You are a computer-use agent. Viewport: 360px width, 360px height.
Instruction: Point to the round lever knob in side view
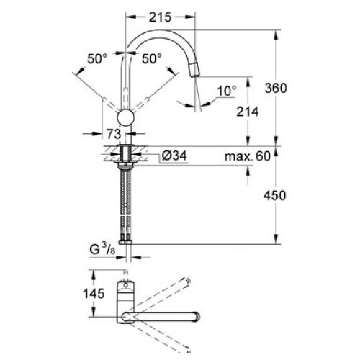[x=126, y=120]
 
